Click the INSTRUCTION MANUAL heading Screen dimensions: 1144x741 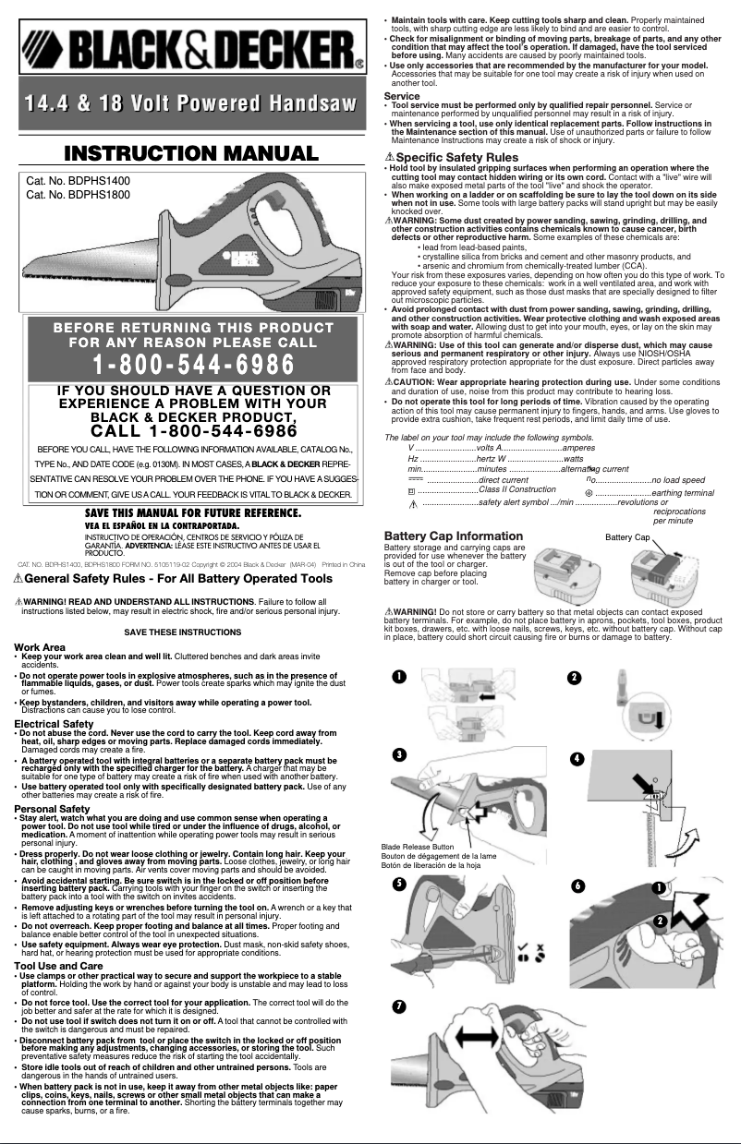(x=189, y=153)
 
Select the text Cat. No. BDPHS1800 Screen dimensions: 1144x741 (x=78, y=195)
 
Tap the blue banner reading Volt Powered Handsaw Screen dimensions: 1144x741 (x=190, y=104)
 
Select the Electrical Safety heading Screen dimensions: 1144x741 (x=54, y=724)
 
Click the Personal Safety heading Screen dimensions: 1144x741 (x=52, y=809)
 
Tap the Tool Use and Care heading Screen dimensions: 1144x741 (x=58, y=965)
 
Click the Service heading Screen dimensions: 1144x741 (x=401, y=96)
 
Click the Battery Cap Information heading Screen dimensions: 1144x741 (x=453, y=536)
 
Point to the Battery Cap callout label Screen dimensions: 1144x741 (x=629, y=536)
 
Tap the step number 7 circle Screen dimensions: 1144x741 (x=398, y=1005)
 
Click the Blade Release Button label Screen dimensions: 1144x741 (x=418, y=847)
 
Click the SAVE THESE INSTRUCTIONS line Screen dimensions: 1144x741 (x=182, y=632)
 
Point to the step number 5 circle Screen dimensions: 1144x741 (x=398, y=884)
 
